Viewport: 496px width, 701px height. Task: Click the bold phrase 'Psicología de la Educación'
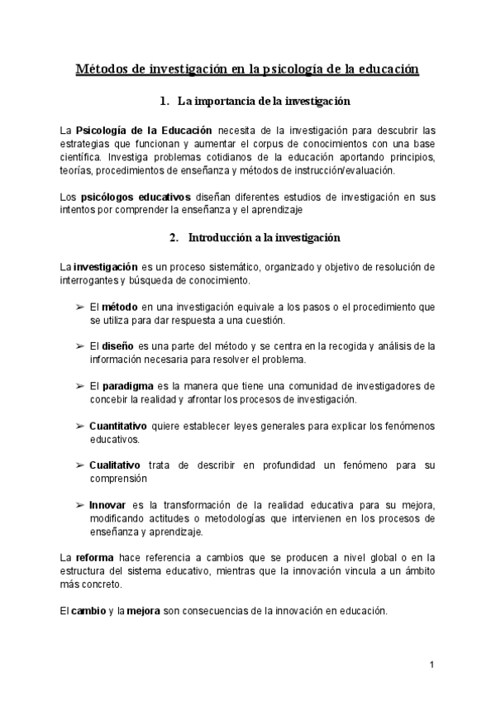[x=144, y=131]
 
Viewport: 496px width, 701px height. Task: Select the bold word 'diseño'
[x=118, y=346]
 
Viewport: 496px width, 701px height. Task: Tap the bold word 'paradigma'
[x=128, y=385]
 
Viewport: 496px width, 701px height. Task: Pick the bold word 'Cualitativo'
[x=114, y=465]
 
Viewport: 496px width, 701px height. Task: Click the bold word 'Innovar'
[x=107, y=504]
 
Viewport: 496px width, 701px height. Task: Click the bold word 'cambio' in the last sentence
[x=88, y=610]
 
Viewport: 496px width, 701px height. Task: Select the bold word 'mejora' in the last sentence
[x=143, y=610]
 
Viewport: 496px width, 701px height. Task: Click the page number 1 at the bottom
[x=432, y=665]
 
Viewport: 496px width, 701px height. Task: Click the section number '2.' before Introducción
[x=174, y=237]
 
